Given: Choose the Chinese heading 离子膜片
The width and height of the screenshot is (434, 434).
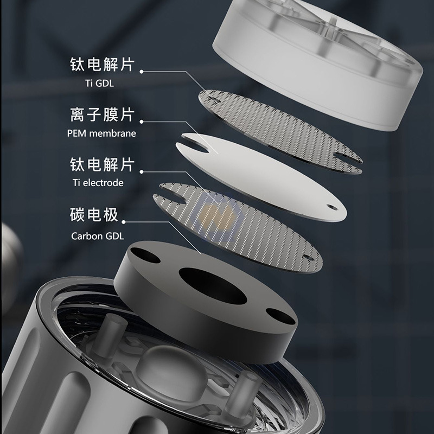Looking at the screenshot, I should tap(101, 115).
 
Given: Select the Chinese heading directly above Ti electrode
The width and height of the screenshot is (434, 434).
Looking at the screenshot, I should tap(101, 165).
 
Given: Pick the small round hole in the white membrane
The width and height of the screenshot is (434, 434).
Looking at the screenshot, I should tap(329, 206).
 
